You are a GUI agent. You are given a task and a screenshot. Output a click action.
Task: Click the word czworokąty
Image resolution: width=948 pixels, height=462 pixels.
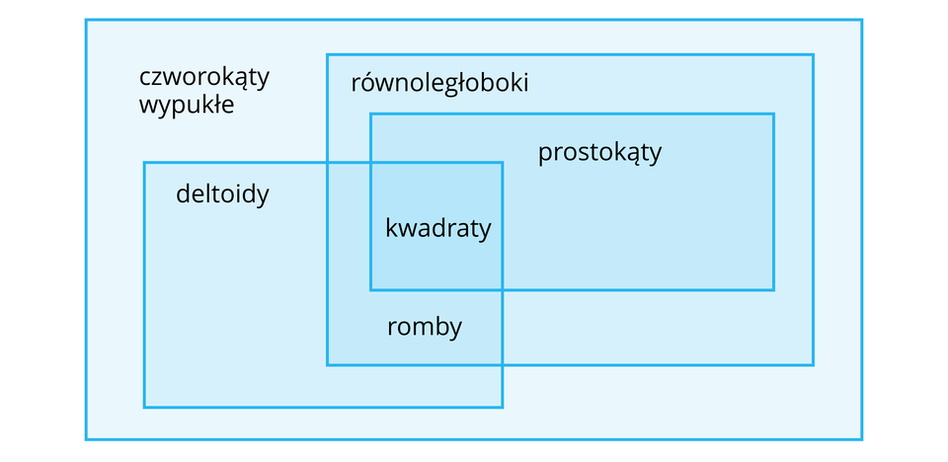click(x=204, y=78)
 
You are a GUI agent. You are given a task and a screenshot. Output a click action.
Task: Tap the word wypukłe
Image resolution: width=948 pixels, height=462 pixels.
click(x=187, y=105)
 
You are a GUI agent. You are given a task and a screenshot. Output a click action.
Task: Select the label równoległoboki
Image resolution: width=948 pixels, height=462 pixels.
click(x=439, y=83)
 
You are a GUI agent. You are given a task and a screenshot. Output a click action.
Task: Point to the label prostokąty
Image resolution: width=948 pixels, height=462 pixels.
click(x=599, y=154)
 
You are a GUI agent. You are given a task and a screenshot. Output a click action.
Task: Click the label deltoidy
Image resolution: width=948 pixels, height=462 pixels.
click(x=222, y=194)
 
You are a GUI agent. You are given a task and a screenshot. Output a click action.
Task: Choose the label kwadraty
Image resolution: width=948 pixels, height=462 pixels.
click(x=437, y=229)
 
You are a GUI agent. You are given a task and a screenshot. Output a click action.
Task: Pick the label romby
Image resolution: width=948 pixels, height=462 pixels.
click(x=425, y=327)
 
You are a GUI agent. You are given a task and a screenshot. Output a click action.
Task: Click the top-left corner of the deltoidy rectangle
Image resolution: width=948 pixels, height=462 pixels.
click(x=145, y=163)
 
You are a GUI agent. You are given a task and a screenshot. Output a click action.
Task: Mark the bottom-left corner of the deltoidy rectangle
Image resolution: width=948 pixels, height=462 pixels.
click(x=145, y=406)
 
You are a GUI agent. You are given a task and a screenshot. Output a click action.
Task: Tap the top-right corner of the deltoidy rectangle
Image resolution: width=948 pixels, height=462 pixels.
click(x=502, y=163)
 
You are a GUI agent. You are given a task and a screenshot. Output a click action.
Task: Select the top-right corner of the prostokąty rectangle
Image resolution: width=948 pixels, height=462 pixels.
click(x=773, y=115)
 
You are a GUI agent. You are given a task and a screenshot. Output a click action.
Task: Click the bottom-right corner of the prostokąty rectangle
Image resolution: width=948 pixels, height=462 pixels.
click(x=773, y=289)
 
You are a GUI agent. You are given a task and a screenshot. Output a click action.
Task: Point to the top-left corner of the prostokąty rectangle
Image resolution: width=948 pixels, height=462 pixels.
click(x=371, y=115)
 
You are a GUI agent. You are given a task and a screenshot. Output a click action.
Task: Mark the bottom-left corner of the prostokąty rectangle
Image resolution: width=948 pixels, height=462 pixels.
click(x=371, y=289)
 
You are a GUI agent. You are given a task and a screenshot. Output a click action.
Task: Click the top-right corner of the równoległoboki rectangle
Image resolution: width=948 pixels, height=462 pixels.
click(x=813, y=55)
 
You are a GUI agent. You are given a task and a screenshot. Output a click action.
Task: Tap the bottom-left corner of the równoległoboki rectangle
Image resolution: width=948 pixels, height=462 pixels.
click(x=328, y=364)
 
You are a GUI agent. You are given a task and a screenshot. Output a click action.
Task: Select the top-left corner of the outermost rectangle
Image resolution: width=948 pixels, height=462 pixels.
click(x=87, y=21)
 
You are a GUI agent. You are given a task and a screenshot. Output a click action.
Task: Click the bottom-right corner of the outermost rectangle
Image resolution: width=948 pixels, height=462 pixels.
click(x=861, y=438)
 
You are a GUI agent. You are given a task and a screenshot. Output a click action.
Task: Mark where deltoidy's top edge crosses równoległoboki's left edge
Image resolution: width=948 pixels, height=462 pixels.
click(x=328, y=163)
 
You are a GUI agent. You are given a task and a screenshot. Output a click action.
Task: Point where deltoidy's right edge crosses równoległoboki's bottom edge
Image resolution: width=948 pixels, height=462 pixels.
click(x=502, y=364)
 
